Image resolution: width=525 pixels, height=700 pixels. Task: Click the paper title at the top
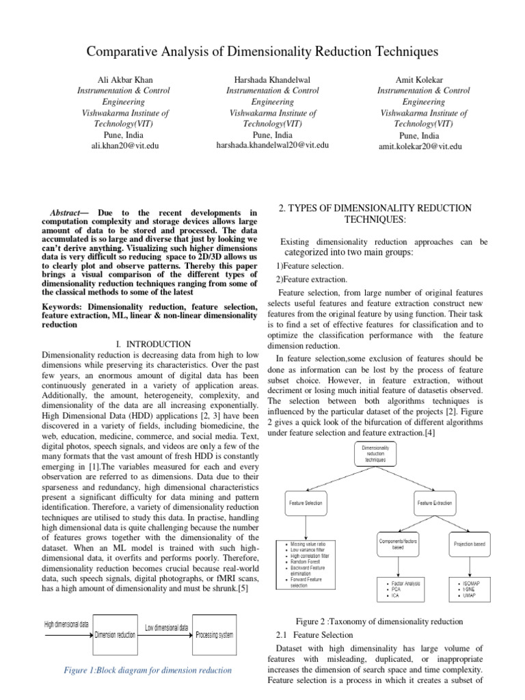pyautogui.click(x=262, y=52)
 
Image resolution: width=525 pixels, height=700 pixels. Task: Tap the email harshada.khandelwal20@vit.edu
pyautogui.click(x=272, y=145)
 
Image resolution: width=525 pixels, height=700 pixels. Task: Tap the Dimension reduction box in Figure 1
pyautogui.click(x=115, y=635)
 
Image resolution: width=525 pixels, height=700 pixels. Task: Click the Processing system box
pyautogui.click(x=215, y=635)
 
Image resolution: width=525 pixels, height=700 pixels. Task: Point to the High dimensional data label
pyautogui.click(x=66, y=624)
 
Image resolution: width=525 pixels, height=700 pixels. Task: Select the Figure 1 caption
pyautogui.click(x=148, y=670)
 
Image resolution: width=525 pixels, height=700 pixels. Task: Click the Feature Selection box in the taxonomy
pyautogui.click(x=305, y=502)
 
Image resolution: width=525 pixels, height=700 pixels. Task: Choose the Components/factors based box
pyautogui.click(x=400, y=544)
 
